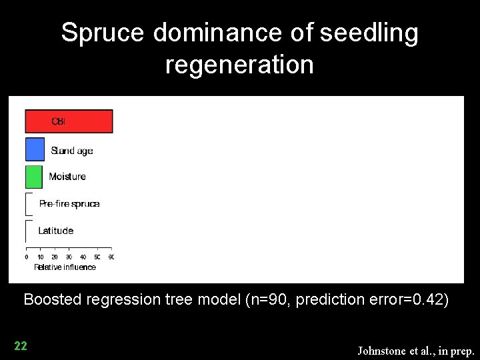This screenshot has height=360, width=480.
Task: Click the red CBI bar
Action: [69, 121]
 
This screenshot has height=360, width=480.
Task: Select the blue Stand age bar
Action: [35, 149]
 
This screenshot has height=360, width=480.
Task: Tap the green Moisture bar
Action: [33, 177]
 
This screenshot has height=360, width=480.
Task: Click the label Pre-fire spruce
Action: [69, 204]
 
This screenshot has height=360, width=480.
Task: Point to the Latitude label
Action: [56, 231]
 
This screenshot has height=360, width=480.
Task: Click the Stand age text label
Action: [72, 151]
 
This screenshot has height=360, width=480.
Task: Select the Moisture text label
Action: [67, 177]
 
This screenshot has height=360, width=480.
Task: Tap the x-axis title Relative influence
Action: [65, 267]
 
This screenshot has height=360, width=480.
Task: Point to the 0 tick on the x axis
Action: [27, 257]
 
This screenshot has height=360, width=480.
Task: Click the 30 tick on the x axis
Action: [69, 257]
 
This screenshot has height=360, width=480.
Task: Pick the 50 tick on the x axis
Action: [97, 257]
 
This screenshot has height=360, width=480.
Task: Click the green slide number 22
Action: [21, 345]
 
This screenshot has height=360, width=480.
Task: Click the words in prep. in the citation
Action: [457, 350]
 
